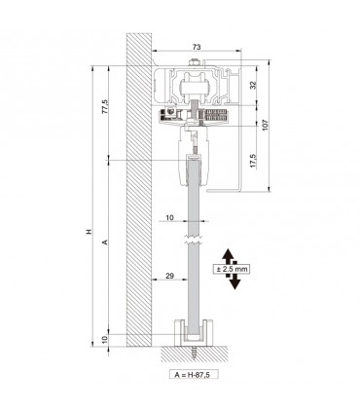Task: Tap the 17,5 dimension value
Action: (254, 159)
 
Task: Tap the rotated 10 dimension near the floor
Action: (105, 338)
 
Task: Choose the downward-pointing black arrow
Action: (234, 281)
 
